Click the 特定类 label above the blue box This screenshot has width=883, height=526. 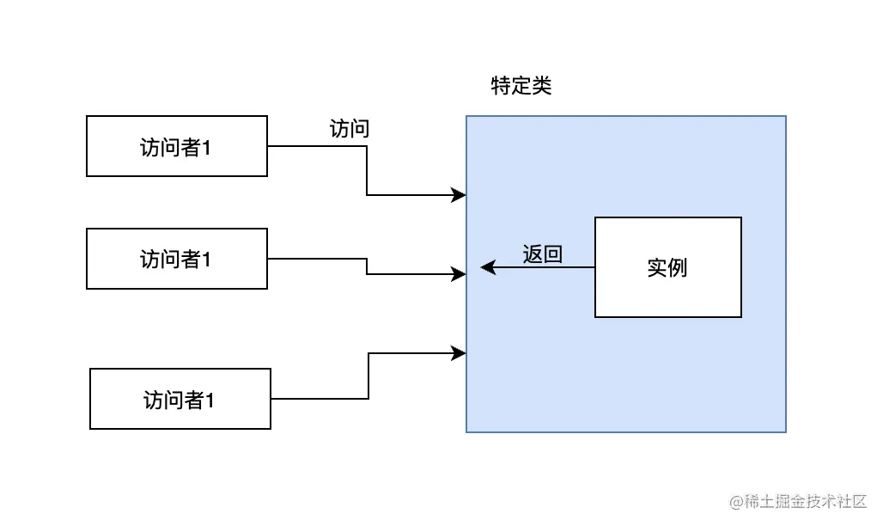(x=521, y=86)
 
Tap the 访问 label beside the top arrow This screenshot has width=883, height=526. (x=350, y=129)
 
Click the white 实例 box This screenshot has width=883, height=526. (x=667, y=267)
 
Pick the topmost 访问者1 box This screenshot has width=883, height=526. (x=177, y=146)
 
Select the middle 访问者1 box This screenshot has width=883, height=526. (x=177, y=259)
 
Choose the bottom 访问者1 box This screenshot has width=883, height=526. (x=180, y=399)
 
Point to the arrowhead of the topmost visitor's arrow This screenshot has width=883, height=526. (x=460, y=195)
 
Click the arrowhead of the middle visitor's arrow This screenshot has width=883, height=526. (x=460, y=274)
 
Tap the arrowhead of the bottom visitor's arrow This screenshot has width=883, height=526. (x=460, y=352)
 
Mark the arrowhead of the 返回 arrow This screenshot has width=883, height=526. (x=487, y=267)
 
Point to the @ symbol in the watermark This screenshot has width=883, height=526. (x=736, y=501)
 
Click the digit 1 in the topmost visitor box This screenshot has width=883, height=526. (x=207, y=147)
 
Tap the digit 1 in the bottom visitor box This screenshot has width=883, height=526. (x=210, y=400)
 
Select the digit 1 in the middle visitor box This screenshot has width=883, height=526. (x=207, y=260)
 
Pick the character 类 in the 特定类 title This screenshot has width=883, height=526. (x=541, y=86)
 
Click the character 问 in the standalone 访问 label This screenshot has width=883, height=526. (x=360, y=129)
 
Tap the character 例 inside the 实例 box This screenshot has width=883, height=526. (x=678, y=267)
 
